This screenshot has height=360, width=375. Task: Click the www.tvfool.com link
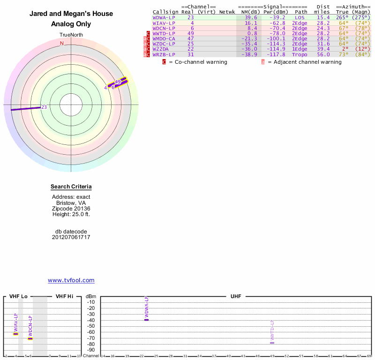click(71, 280)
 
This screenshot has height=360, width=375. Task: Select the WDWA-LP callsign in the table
click(164, 17)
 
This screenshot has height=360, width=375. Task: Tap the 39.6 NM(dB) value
click(251, 17)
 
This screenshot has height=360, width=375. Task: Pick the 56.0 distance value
click(323, 55)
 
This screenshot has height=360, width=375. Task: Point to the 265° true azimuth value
click(342, 17)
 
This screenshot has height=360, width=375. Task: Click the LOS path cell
click(300, 17)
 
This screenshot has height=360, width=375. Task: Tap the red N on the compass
click(62, 43)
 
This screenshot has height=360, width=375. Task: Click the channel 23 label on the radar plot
click(44, 107)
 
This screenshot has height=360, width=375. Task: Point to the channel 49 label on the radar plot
click(118, 82)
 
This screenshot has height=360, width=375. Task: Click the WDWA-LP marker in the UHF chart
click(146, 319)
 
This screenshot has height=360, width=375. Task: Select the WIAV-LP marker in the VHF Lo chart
click(15, 334)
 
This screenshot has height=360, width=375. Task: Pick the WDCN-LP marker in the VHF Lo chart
click(30, 338)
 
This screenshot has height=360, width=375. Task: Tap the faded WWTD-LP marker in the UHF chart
click(272, 343)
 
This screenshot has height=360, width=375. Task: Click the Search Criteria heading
click(71, 187)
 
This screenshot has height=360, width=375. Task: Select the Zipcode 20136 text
click(71, 209)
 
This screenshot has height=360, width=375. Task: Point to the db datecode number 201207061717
click(71, 237)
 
